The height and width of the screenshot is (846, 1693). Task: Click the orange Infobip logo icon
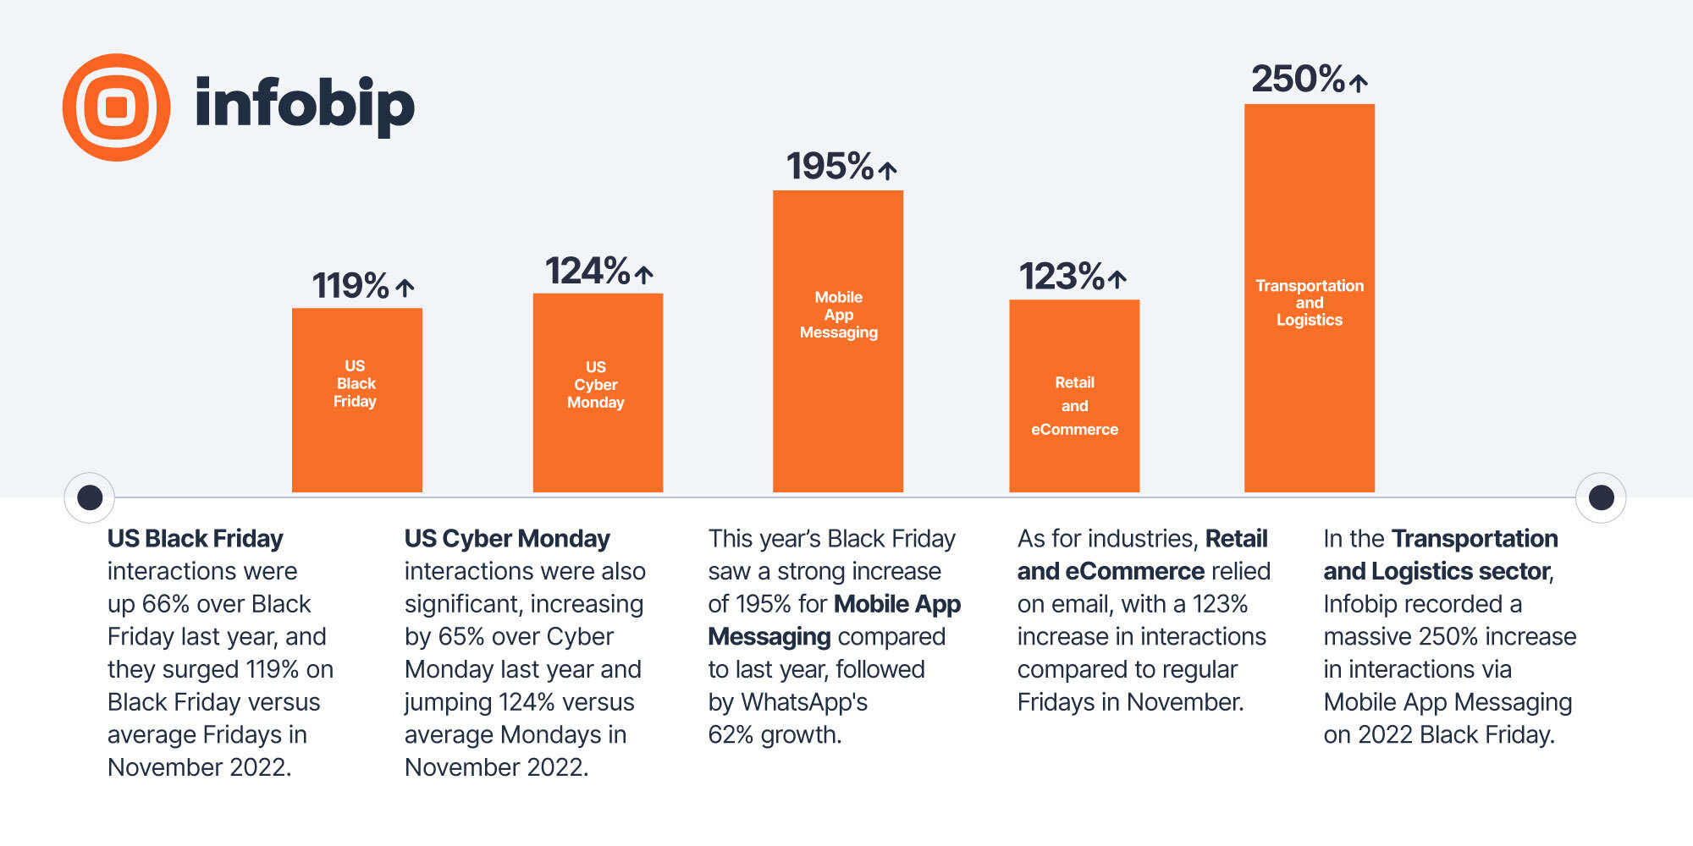(x=117, y=107)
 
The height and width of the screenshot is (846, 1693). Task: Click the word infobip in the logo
(x=305, y=105)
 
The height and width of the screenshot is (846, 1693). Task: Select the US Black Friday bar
(x=356, y=400)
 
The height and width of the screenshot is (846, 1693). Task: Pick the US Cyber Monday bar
(x=598, y=393)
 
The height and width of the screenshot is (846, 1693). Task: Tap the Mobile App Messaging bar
(x=838, y=341)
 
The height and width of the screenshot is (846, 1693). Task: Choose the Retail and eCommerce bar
(x=1074, y=396)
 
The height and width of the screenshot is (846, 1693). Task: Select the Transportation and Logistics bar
(x=1310, y=298)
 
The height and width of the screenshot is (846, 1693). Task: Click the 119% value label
(x=350, y=286)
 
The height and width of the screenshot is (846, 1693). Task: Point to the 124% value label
(x=587, y=272)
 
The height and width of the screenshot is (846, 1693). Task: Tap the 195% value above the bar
(x=830, y=167)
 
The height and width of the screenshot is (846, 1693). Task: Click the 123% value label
(x=1062, y=277)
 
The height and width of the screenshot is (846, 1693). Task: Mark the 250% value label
(x=1298, y=80)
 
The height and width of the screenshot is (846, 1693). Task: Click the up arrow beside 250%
(x=1359, y=83)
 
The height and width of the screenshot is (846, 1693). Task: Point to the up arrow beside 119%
(x=405, y=288)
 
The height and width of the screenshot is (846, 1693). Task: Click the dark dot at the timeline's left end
(x=90, y=497)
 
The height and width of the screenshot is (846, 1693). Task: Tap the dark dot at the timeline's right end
(x=1601, y=497)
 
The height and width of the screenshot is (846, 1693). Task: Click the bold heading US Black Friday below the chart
(x=196, y=539)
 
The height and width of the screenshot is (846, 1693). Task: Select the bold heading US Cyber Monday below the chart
(x=507, y=539)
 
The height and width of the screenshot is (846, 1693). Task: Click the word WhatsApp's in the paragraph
(x=804, y=702)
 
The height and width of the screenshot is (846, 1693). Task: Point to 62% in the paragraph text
(x=731, y=735)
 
